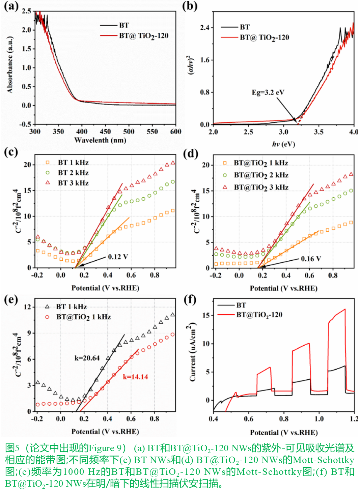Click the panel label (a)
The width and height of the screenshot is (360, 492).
[11, 6]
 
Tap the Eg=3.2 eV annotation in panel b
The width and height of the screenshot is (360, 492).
[268, 92]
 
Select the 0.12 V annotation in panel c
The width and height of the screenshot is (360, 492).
[118, 257]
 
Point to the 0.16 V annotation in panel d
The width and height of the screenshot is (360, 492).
[311, 259]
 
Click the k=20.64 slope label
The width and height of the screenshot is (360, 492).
[87, 358]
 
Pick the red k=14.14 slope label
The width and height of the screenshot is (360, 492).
[135, 377]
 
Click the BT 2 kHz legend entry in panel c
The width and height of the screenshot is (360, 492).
[73, 173]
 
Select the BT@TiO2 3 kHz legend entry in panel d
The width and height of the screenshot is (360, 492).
[261, 187]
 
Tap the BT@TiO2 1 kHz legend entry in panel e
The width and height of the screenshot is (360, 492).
[83, 317]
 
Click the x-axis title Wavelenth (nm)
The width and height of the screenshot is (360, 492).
[100, 140]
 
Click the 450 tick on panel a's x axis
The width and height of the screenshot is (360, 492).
[105, 132]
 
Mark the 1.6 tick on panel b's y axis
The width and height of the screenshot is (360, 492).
[205, 60]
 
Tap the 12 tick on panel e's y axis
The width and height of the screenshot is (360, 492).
[27, 307]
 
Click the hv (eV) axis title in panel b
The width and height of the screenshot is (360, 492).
[283, 144]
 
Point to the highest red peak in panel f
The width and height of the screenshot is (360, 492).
[344, 309]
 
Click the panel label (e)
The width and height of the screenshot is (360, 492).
[11, 299]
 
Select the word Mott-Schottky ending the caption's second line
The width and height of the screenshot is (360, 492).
[324, 460]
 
